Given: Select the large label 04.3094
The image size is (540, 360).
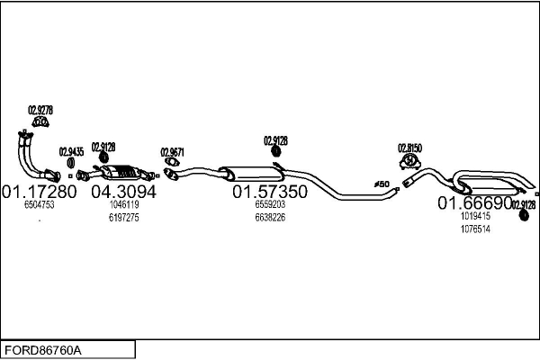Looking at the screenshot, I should click(124, 193).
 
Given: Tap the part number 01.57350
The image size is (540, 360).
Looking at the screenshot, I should click(270, 193).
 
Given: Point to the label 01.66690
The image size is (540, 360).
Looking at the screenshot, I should click(474, 204).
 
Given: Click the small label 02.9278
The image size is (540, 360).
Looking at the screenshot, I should click(40, 110).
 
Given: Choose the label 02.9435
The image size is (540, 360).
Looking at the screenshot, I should click(72, 151).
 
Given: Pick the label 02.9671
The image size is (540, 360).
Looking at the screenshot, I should click(172, 152).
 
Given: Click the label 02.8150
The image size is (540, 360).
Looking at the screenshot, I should click(410, 146).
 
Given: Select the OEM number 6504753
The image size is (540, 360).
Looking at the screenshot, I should click(40, 206).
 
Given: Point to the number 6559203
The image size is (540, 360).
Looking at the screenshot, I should click(270, 205).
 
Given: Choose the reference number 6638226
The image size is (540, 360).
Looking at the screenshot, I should click(270, 218).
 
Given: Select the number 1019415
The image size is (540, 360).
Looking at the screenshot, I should click(475, 217).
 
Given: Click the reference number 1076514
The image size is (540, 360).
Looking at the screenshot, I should click(475, 229).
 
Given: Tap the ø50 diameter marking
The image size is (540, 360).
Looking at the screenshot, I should click(382, 184).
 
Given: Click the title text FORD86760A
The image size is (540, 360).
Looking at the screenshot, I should click(43, 348).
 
